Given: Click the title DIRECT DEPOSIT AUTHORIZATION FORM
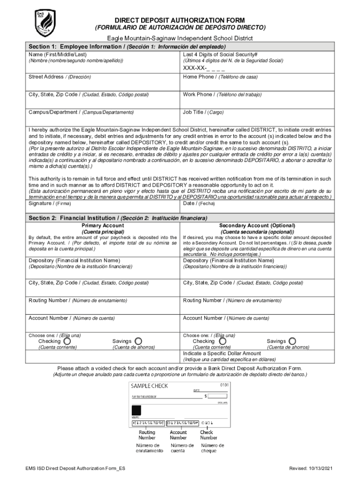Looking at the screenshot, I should click(180, 20).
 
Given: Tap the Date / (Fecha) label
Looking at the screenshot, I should click(199, 203).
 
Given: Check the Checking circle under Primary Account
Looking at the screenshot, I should click(67, 341).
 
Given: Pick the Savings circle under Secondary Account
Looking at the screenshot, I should click(293, 341).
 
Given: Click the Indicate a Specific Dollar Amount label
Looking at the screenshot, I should click(222, 353).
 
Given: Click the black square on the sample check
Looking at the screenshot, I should click(137, 410).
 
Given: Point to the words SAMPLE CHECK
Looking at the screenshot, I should click(149, 386).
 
